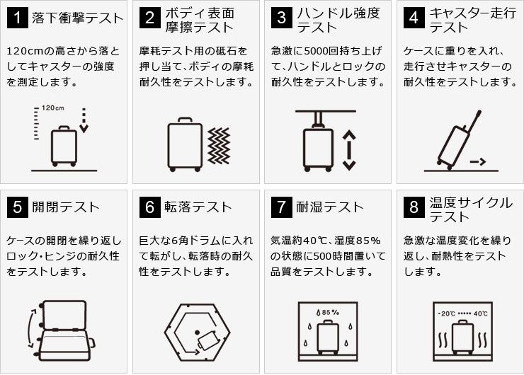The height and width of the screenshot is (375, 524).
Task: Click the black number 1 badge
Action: tap(18, 18)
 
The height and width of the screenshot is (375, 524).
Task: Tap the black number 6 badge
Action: tap(149, 207)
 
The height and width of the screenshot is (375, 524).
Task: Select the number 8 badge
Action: tap(414, 207)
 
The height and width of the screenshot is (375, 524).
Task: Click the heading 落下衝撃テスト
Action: tap(77, 18)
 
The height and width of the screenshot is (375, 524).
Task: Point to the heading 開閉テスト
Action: tap(66, 207)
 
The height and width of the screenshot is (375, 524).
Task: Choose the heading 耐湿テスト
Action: tap(330, 207)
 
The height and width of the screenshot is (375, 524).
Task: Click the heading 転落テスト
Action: tap(198, 207)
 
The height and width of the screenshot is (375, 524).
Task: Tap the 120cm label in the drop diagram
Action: tap(53, 108)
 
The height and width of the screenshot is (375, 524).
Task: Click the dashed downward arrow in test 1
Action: tap(84, 120)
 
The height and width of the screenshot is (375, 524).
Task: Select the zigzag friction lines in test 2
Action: tap(219, 146)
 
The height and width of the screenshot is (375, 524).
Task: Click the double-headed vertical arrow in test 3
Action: tap(349, 150)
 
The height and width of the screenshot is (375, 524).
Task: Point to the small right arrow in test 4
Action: tap(477, 162)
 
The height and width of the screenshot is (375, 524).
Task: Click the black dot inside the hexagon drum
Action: tap(197, 333)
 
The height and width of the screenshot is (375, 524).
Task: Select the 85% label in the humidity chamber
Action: tap(327, 313)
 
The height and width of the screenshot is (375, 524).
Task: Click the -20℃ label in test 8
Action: tap(447, 313)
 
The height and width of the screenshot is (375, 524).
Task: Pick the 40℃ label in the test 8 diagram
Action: tap(481, 313)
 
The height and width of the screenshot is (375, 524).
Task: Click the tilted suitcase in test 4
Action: tap(459, 140)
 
